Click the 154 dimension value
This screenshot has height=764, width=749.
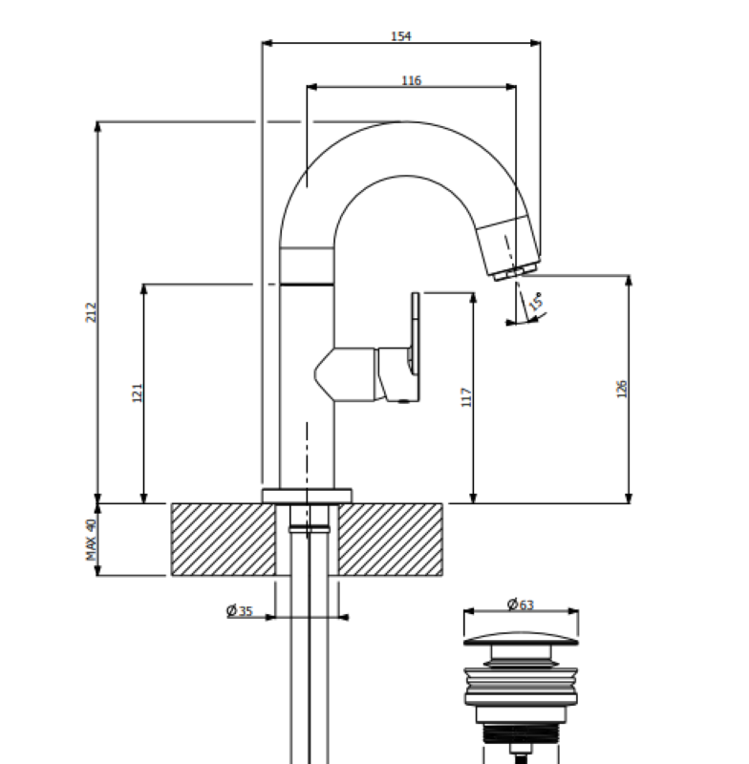tap(400, 36)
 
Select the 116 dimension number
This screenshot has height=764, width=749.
tap(412, 80)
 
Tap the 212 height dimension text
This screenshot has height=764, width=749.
tap(91, 312)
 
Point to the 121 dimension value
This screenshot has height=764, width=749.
tap(138, 393)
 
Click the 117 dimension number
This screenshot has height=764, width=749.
tap(466, 397)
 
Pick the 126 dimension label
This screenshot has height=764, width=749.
tap(622, 389)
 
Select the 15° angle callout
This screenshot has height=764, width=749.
tap(536, 302)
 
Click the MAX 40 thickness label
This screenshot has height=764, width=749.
tap(91, 540)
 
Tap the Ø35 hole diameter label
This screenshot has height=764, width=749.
tap(240, 611)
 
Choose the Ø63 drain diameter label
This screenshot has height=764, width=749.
tap(521, 605)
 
